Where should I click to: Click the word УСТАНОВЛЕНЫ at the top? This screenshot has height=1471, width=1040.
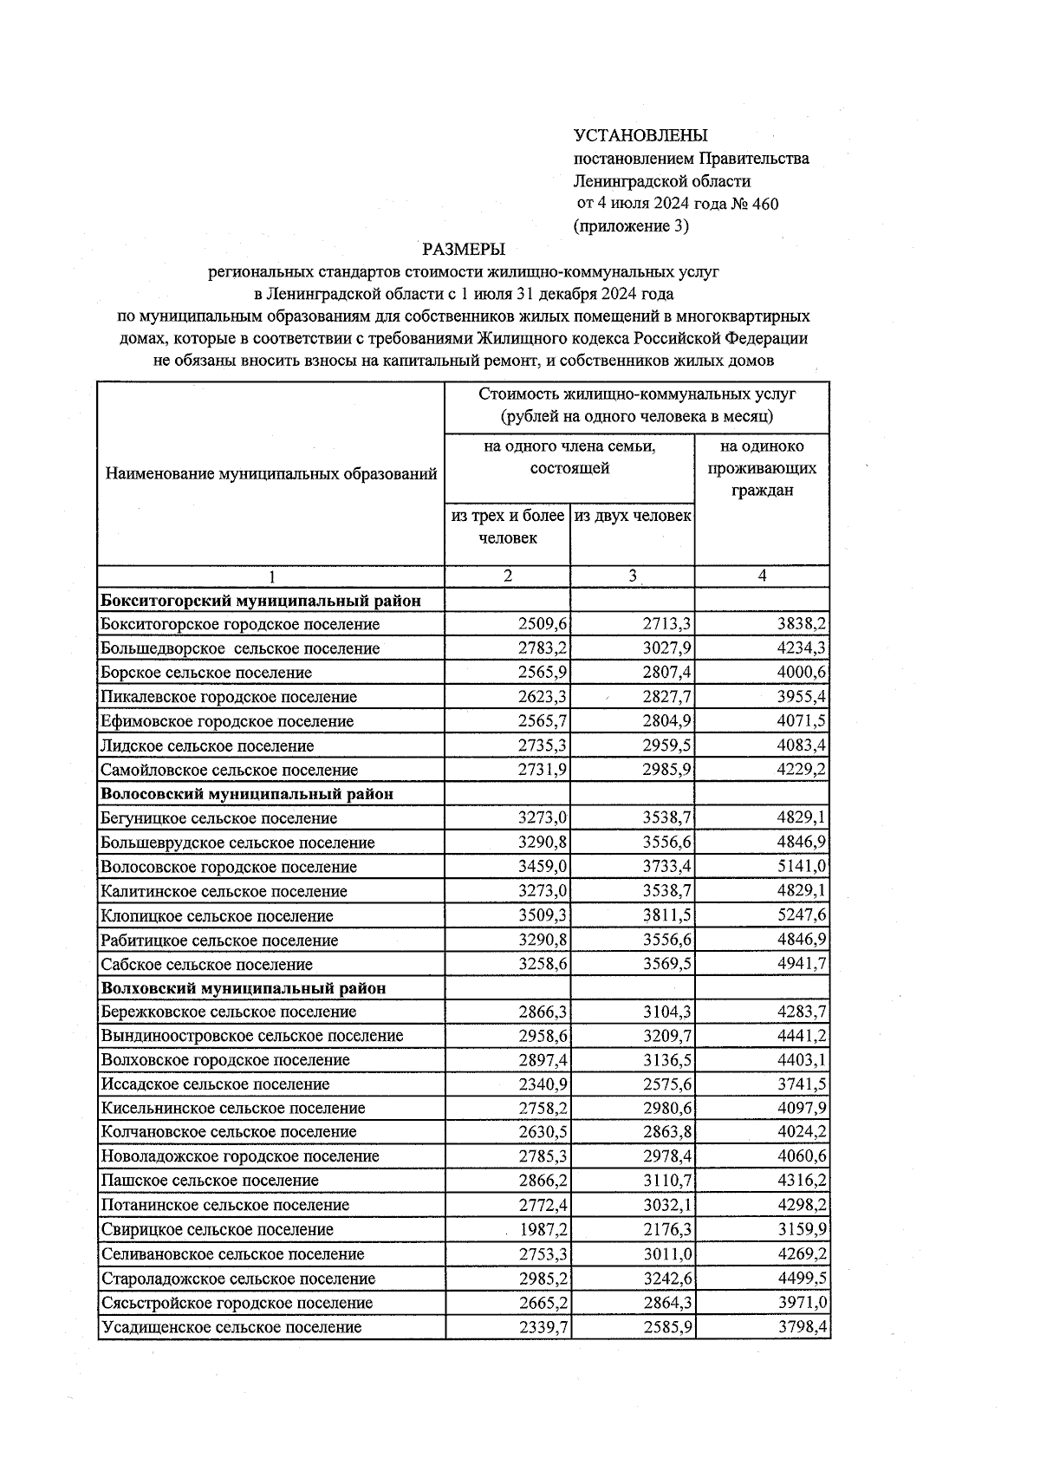pos(640,135)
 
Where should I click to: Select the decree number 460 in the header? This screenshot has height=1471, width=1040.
pos(765,204)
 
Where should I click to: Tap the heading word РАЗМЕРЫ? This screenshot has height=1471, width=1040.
pos(464,250)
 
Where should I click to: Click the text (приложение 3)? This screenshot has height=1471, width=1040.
pos(631,226)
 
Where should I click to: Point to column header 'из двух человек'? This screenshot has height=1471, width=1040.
pos(633,517)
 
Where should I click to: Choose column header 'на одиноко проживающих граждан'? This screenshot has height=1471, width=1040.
pos(762,469)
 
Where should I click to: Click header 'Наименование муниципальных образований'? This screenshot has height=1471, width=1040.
pos(271,474)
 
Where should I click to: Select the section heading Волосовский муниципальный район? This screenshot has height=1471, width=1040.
pos(248,794)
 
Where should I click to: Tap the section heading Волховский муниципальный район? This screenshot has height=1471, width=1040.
pos(244,988)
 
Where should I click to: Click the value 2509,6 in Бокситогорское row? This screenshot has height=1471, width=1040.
pos(542,624)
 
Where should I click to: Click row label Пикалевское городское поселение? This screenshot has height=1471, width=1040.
pos(229,697)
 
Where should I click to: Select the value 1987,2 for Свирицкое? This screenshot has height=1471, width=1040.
pos(542,1230)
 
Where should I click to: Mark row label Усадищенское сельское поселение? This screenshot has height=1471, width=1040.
pos(231,1327)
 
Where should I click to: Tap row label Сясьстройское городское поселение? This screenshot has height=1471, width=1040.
pos(237,1303)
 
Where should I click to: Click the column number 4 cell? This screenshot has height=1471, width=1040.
pos(762,576)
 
